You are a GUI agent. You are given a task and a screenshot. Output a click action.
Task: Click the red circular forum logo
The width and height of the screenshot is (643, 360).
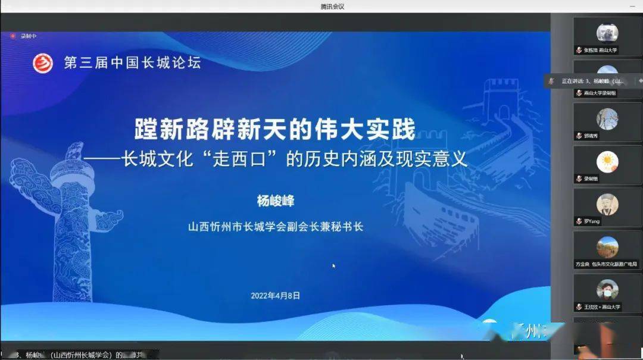(x=43, y=62)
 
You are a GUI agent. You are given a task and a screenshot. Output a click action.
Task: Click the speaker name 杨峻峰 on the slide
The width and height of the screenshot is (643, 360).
(x=276, y=201)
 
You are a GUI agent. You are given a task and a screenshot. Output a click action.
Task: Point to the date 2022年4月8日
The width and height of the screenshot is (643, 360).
(x=275, y=295)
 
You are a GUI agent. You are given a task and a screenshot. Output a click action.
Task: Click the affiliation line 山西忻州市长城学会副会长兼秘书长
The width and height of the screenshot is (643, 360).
(x=276, y=227)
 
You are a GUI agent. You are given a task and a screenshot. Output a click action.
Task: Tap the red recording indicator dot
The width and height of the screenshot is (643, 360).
(x=13, y=36)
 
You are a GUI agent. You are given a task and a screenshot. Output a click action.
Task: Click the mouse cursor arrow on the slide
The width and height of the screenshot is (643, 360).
(x=334, y=265)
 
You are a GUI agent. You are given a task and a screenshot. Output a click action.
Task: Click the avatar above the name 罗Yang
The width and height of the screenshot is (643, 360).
(x=607, y=204)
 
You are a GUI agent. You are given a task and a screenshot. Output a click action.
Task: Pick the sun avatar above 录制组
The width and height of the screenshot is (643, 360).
(x=607, y=161)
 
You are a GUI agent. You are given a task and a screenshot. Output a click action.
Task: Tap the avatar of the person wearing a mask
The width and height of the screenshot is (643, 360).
(x=607, y=290)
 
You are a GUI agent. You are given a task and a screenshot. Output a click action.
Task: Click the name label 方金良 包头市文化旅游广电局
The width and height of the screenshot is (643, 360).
(x=606, y=264)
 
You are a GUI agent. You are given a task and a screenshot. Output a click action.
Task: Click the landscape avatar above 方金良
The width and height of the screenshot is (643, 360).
(x=607, y=247)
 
